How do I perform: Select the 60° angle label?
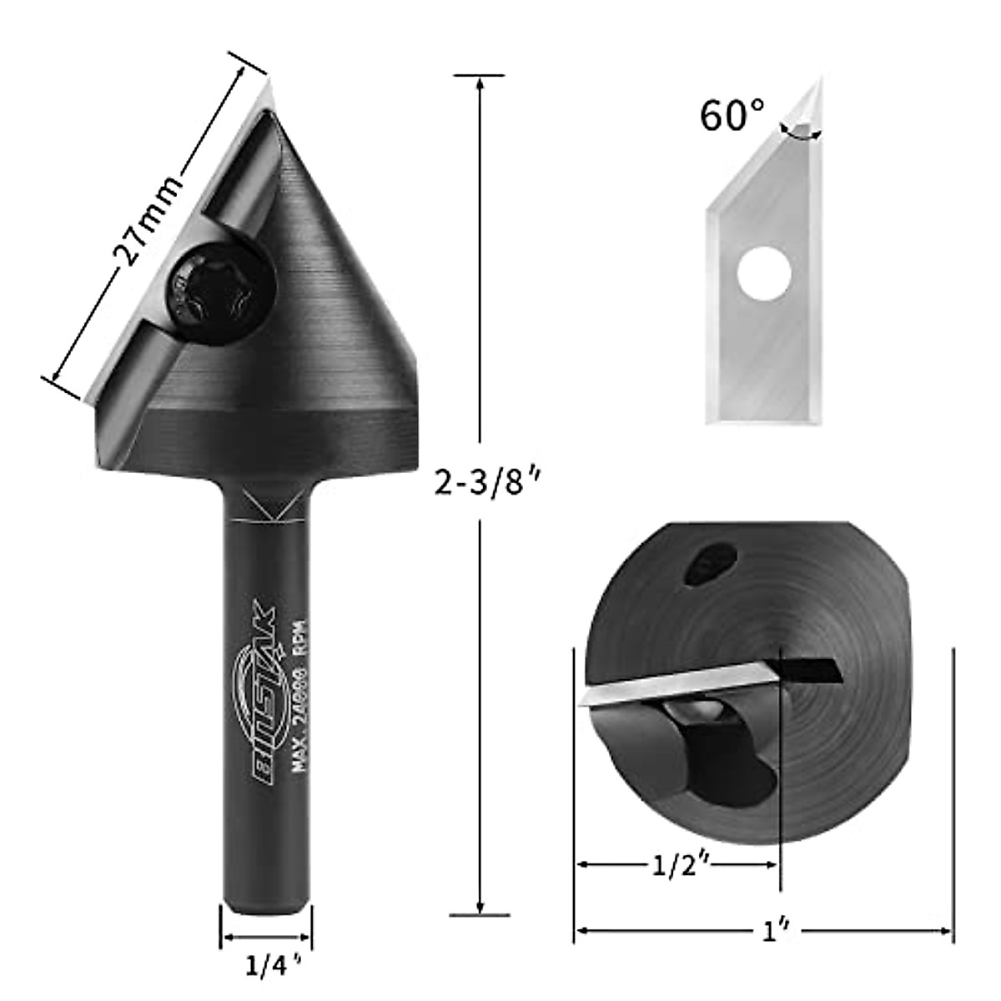coord(732,116)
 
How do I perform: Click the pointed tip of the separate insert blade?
coord(819,77)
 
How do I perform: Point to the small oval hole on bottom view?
coord(710,562)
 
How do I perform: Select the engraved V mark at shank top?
coord(266,507)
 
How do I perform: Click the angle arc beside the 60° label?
coord(799,133)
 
